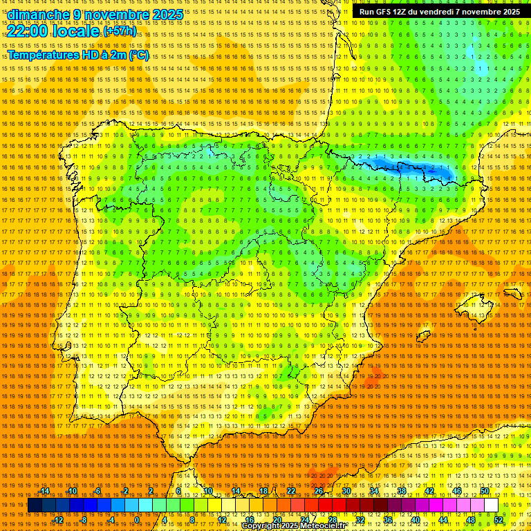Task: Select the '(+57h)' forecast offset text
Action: coord(120,32)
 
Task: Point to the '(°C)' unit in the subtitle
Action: coord(138,55)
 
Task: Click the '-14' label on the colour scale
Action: coord(45,491)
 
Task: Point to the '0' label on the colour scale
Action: coord(138,520)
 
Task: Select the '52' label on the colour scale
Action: coord(499,520)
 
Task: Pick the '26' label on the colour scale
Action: coord(319,491)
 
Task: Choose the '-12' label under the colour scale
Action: coord(59,520)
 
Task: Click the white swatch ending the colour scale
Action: coord(491,505)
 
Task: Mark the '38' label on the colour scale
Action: coord(402,491)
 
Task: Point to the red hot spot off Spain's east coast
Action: coord(373,378)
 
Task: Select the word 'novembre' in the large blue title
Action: coord(116,15)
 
